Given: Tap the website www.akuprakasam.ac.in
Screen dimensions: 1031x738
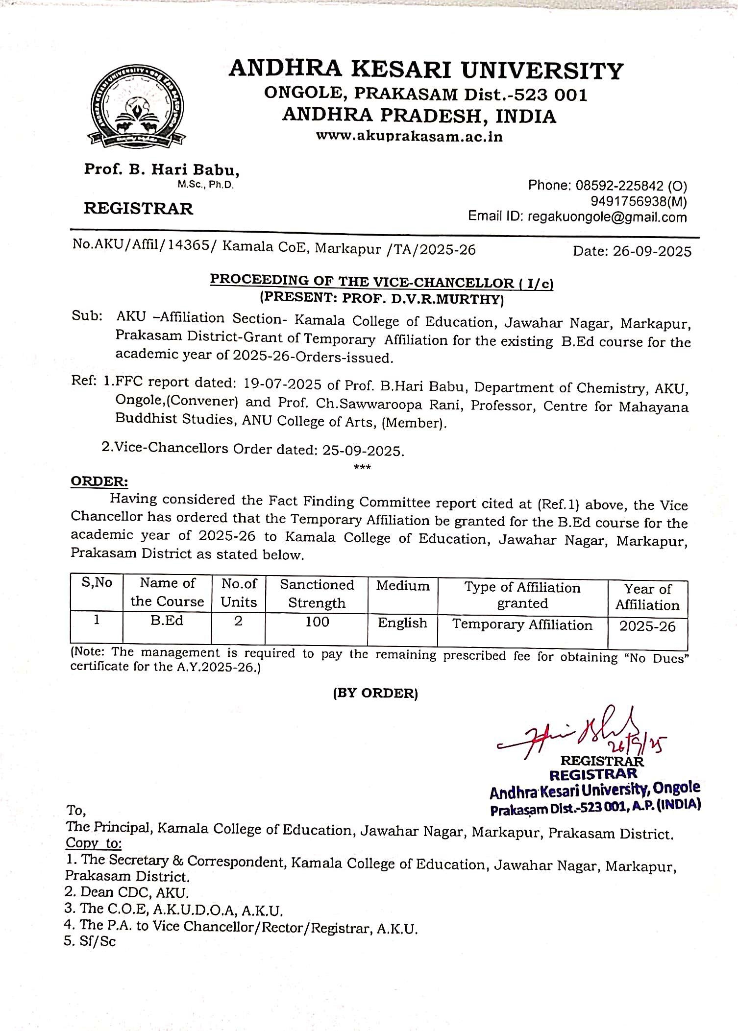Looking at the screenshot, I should coord(409,136).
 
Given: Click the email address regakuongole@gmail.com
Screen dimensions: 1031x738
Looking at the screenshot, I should coord(607,216).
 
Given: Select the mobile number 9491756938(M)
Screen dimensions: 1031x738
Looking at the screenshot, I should coord(639,201).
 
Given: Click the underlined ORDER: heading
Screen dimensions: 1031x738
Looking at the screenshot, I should coord(99,481).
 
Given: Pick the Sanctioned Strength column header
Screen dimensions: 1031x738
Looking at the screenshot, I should coord(317,594).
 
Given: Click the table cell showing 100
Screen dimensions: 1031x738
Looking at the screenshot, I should coord(317,622).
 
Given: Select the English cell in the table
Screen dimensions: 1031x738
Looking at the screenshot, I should coord(402,623).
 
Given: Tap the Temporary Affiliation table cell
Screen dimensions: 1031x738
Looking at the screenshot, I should coord(522,625).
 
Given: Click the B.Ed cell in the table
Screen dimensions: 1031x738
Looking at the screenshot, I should coord(167,621).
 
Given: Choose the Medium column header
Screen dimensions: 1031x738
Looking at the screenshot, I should coord(402,586).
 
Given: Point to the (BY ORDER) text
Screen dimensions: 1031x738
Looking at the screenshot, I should coord(375,693).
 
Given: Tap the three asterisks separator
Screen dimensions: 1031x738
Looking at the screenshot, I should coord(362,467).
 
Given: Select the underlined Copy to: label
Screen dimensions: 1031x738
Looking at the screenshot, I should coord(94,843).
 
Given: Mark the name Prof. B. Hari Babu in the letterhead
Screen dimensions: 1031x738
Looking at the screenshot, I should coord(162,169).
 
